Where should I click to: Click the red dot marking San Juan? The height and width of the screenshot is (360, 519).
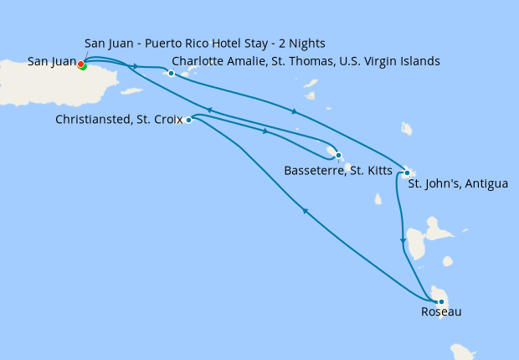click(80, 64)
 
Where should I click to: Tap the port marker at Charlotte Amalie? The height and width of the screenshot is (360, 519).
click(171, 73)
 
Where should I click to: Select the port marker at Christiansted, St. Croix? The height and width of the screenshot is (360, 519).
click(188, 120)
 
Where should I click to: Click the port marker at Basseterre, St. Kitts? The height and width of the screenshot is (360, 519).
click(337, 155)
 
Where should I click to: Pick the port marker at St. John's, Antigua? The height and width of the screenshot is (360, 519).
click(407, 173)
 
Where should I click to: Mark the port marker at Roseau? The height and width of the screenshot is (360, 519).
click(440, 301)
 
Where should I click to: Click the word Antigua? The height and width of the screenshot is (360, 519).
click(485, 183)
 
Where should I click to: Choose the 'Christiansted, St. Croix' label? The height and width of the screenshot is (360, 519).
click(118, 120)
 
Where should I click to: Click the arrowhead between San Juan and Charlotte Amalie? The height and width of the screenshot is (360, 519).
click(136, 65)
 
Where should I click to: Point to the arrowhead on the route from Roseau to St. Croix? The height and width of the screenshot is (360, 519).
click(306, 212)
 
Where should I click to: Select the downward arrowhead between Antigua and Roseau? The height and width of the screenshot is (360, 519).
click(403, 241)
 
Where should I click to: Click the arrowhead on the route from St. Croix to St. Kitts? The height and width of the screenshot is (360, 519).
click(265, 131)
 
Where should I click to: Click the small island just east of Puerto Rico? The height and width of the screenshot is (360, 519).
click(131, 90)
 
